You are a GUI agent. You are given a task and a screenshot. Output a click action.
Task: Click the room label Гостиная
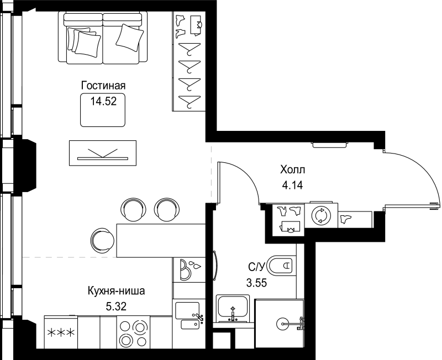(103, 86)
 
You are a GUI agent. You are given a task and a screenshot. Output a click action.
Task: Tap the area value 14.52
(103, 101)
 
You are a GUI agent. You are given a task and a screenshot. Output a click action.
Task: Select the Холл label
(293, 170)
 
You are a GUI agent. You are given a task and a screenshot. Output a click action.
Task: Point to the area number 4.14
(293, 185)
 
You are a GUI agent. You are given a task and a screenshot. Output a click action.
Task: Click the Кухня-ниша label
(117, 290)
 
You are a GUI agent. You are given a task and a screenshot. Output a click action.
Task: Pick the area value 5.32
(116, 306)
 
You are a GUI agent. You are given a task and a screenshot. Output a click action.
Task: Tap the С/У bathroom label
(256, 267)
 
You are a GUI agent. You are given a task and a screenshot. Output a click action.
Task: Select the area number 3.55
(256, 283)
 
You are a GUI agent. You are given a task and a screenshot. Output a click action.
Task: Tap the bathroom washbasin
(233, 309)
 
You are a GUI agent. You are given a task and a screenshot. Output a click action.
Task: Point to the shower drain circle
(282, 324)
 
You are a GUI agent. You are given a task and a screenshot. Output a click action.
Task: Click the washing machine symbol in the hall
(321, 215)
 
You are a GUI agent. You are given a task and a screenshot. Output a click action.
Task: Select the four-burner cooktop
(133, 332)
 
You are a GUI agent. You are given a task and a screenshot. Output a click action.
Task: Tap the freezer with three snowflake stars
(61, 332)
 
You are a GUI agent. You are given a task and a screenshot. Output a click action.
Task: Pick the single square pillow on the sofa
(130, 38)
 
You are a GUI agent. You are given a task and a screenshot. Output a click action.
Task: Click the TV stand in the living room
(103, 153)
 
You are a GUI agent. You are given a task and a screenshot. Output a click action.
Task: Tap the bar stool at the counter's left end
(102, 240)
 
